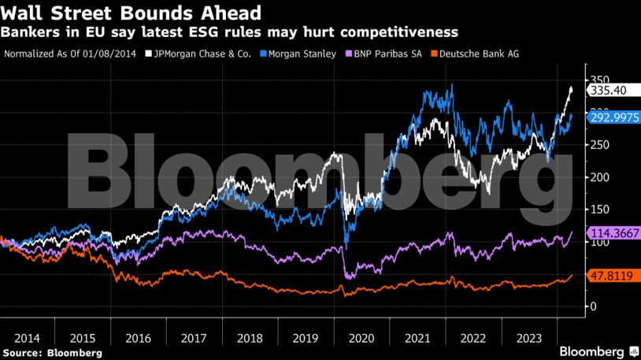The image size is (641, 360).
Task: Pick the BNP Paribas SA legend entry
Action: click(x=387, y=54)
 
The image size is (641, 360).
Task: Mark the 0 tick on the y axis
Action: click(x=595, y=306)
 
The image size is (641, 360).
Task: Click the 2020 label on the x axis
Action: click(x=363, y=337)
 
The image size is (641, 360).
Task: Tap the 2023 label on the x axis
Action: click(x=530, y=337)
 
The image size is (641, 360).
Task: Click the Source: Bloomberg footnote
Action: click(x=53, y=353)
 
